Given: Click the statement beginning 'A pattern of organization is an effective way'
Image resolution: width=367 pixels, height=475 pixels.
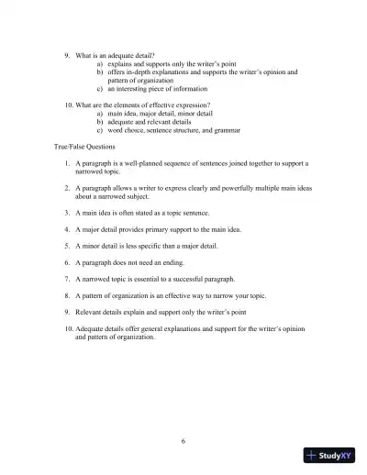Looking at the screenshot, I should (x=178, y=296).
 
